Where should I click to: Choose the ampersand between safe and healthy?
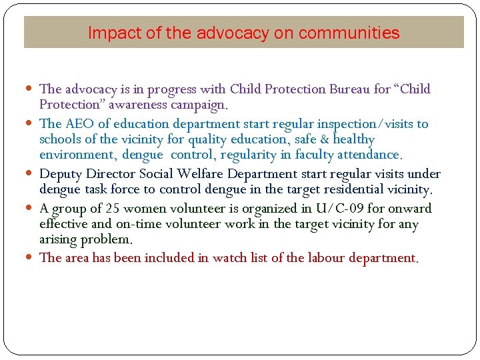pos(324,139)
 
